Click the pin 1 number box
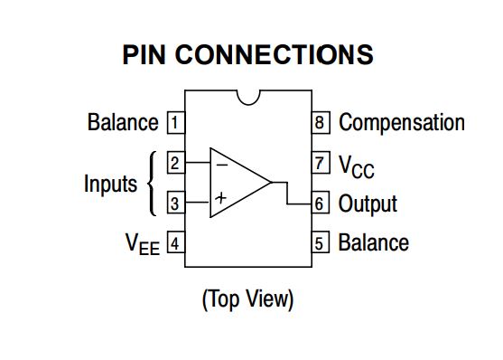175,122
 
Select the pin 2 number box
175,163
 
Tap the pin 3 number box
175,203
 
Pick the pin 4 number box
175,243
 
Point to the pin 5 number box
320,243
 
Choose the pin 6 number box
320,203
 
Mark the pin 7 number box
320,163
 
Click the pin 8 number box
320,122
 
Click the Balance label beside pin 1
123,122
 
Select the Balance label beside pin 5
373,243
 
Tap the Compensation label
401,122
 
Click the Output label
368,204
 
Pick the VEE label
142,244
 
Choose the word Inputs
110,184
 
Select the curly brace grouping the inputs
152,183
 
